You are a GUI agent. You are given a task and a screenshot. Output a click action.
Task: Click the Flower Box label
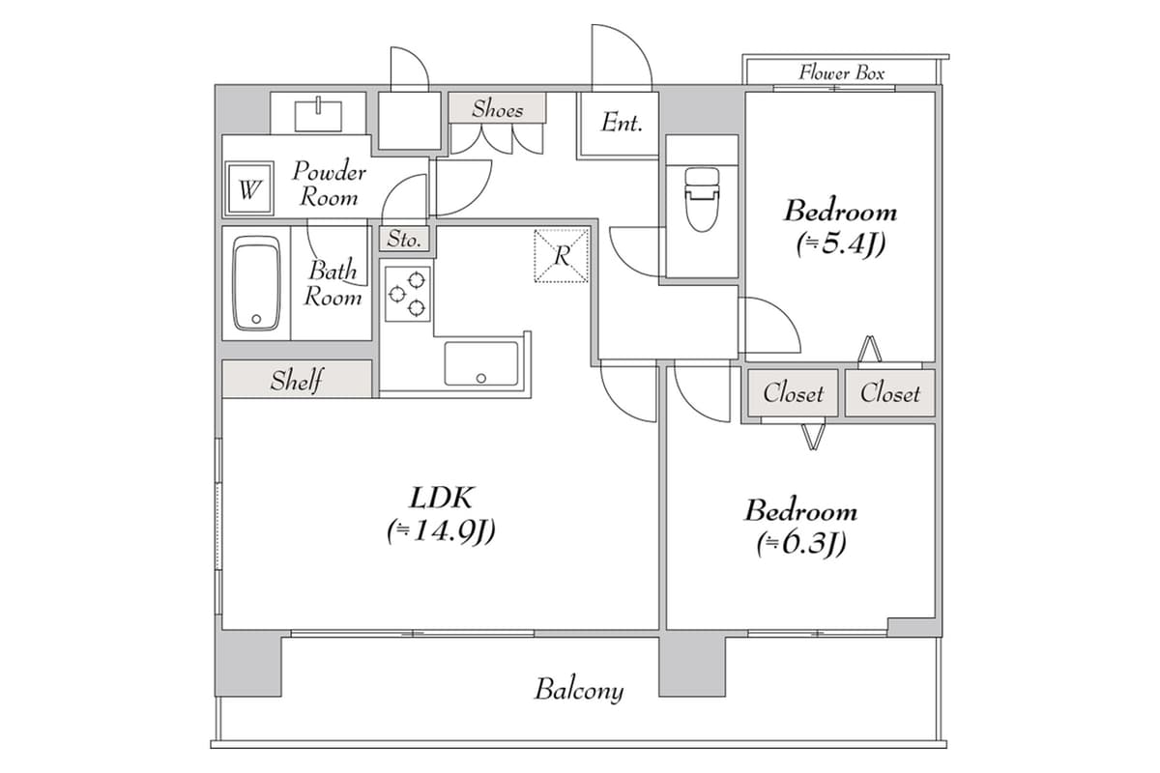point(841,72)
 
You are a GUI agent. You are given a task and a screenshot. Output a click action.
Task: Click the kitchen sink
point(480,363)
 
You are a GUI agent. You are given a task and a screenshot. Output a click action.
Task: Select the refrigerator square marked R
point(562,256)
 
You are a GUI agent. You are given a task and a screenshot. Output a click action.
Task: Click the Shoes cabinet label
point(497,109)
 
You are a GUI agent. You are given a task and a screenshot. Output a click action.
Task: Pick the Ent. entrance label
point(622,123)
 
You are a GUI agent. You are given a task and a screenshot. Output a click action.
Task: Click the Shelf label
point(297,380)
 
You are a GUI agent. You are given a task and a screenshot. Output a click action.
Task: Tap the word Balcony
point(579,690)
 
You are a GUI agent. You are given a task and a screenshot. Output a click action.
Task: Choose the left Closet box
point(793,393)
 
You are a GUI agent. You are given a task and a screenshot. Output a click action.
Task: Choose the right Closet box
point(889,393)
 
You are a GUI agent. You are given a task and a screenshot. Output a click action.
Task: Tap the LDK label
point(441,498)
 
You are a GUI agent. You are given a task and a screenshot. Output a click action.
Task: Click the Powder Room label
point(329,185)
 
